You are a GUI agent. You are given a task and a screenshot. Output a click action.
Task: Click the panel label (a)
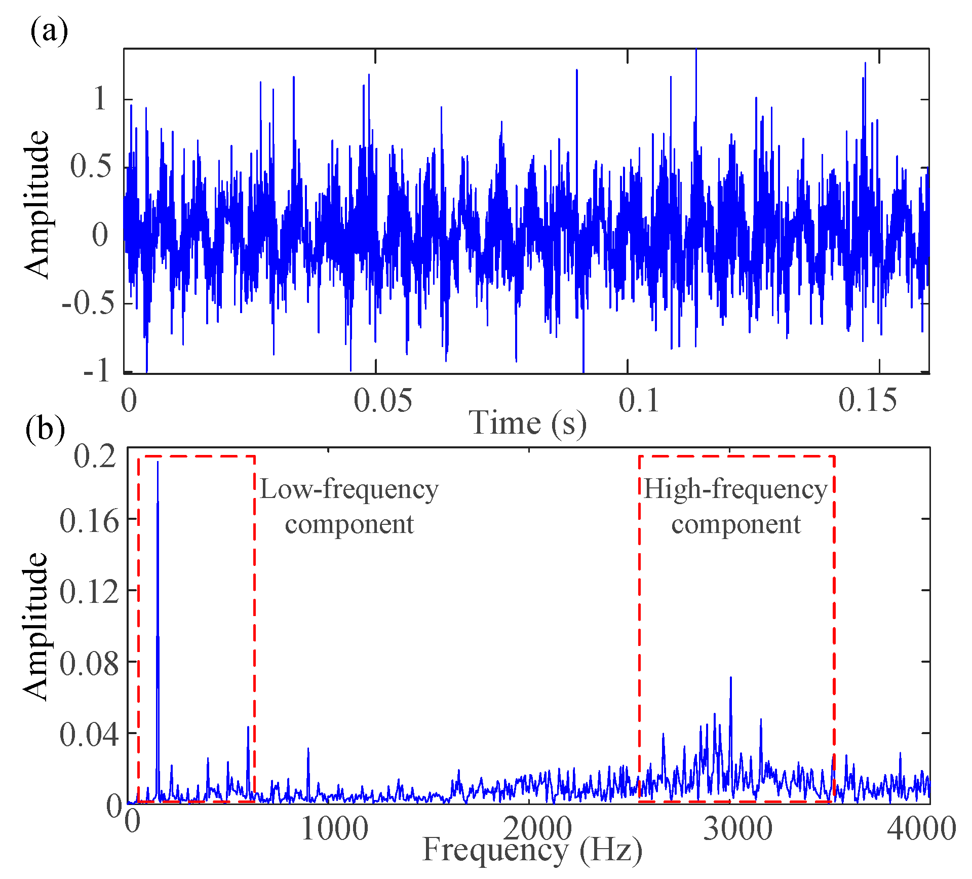[x=49, y=31]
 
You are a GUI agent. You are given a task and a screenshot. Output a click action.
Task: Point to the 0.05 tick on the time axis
[x=382, y=400]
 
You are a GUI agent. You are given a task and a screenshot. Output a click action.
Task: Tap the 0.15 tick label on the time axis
[x=867, y=400]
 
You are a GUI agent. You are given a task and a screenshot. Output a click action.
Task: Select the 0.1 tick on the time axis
[x=639, y=400]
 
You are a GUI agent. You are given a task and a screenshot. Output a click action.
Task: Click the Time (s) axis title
[x=527, y=423]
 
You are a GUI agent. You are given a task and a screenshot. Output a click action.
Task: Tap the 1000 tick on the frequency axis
[x=334, y=829]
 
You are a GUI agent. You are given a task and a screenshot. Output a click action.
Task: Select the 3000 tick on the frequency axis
[x=737, y=829]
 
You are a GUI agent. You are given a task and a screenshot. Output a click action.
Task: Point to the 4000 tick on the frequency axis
[x=921, y=829]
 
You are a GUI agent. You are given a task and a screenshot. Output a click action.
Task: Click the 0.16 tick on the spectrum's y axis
[x=89, y=520]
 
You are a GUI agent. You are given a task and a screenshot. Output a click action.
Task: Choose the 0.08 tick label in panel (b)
[x=89, y=663]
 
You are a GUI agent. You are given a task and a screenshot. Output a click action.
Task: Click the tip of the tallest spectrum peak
[x=158, y=462]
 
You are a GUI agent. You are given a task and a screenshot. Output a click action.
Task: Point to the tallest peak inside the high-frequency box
[x=730, y=677]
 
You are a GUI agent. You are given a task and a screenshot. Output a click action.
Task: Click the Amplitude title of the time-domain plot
[x=36, y=204]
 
